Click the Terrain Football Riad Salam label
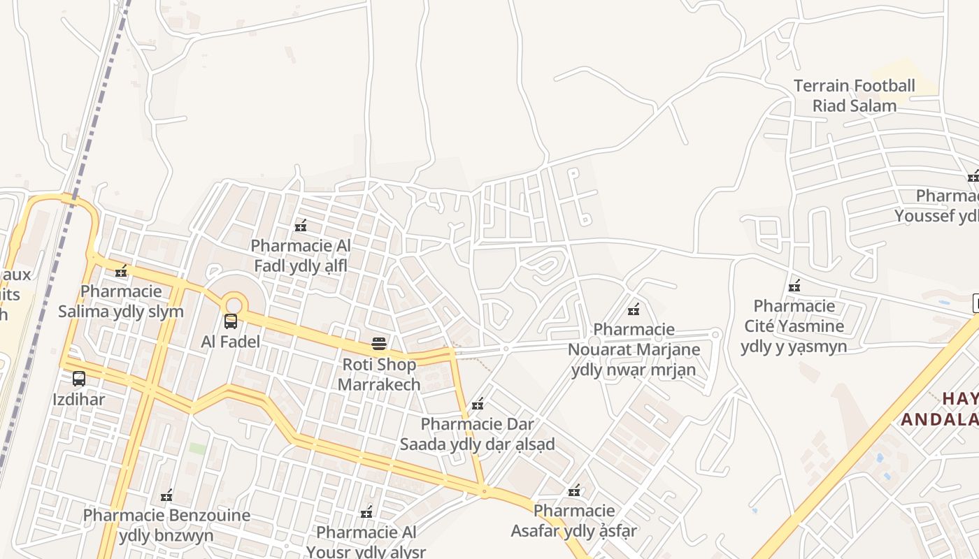[x=854, y=96]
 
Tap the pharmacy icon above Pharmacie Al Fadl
[x=301, y=226]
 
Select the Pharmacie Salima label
[x=121, y=301]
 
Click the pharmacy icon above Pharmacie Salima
[x=122, y=270]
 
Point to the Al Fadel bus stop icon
[x=231, y=321]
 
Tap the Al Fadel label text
[x=231, y=342]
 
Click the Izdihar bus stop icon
[x=79, y=379]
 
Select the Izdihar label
[x=79, y=400]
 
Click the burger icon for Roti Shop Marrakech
[x=379, y=344]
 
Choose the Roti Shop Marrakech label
[x=379, y=374]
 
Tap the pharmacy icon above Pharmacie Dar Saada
[x=478, y=404]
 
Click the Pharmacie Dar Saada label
[x=477, y=434]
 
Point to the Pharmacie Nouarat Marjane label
[x=634, y=349]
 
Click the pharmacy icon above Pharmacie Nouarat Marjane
[x=634, y=310]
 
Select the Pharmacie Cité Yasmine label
[x=794, y=326]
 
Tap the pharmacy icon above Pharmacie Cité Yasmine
[x=794, y=286]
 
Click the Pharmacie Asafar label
[x=573, y=521]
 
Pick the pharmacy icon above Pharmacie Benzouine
[x=166, y=496]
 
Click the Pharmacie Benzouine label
[x=166, y=525]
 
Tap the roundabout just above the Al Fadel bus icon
[x=234, y=305]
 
